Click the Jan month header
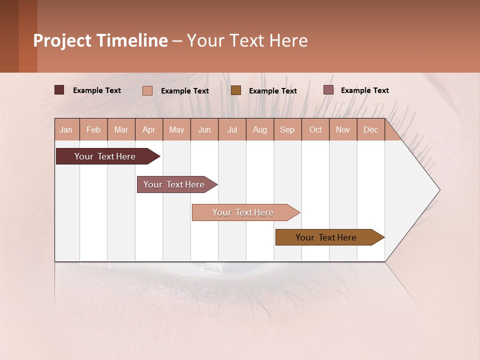pos(66,130)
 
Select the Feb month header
pos(93,130)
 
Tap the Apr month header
pos(149,130)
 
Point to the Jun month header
pos(204,130)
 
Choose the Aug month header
pos(260,130)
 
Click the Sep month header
pos(287,130)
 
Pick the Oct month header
pos(315,130)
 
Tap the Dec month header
pos(371,130)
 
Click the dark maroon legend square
pos(59,90)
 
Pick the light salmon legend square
pos(147,90)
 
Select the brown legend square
pos(236,90)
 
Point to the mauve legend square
pos(328,90)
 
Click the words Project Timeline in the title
pos(100,40)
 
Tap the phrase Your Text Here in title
pos(247,40)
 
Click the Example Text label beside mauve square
pos(364,90)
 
